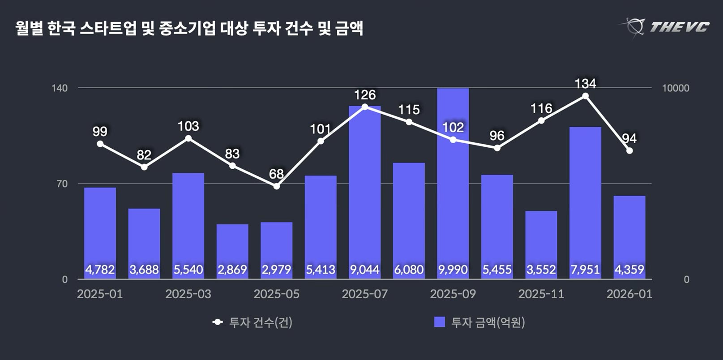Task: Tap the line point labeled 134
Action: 585,96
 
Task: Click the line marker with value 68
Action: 277,186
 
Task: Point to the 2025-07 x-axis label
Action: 364,294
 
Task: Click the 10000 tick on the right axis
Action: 676,88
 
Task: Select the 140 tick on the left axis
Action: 60,88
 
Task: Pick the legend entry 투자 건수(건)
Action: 253,322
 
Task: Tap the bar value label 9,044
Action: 364,270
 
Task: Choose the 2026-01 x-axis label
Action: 629,294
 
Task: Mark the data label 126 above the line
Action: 364,95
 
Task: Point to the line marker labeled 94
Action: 629,150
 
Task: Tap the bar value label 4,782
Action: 100,270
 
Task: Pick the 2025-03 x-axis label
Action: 188,294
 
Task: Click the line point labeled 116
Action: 541,120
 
